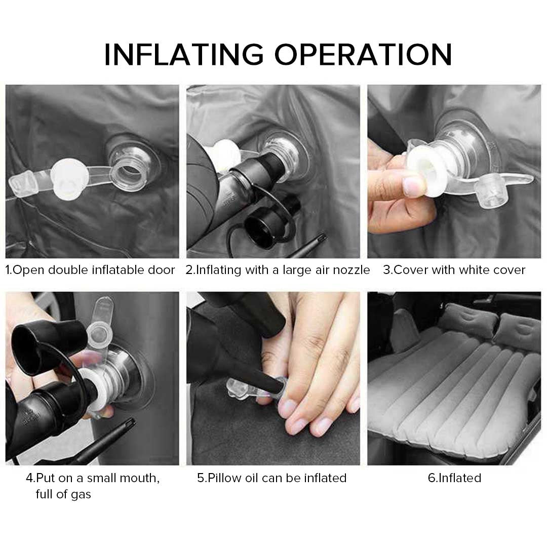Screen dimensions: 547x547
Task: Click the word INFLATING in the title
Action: click(183, 55)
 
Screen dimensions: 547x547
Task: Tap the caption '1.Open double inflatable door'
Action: click(90, 270)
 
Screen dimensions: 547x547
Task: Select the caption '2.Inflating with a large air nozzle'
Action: click(278, 270)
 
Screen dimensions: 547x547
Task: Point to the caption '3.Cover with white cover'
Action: click(454, 270)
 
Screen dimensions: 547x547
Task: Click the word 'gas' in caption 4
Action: click(81, 494)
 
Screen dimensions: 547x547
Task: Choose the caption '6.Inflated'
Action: click(454, 478)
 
